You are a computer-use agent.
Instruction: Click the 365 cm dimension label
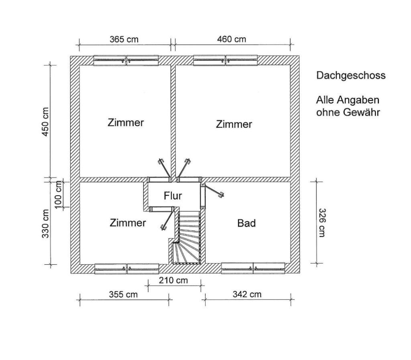124,39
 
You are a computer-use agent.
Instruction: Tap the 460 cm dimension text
232,39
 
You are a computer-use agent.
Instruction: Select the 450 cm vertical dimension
45,122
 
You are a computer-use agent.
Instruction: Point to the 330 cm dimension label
45,223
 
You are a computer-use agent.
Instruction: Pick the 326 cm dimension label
321,223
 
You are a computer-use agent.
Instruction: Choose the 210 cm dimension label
173,280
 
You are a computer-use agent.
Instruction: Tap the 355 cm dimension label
123,295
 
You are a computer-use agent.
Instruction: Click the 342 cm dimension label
247,294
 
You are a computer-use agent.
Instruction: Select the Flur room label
173,196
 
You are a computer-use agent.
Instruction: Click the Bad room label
246,223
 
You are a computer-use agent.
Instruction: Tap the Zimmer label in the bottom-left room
128,223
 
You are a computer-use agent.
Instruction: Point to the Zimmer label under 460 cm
234,124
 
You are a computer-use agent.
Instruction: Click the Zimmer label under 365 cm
126,123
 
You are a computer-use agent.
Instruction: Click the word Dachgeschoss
351,76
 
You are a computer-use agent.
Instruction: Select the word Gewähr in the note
362,112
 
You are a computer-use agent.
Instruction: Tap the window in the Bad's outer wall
253,268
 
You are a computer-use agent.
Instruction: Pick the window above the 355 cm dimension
126,269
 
